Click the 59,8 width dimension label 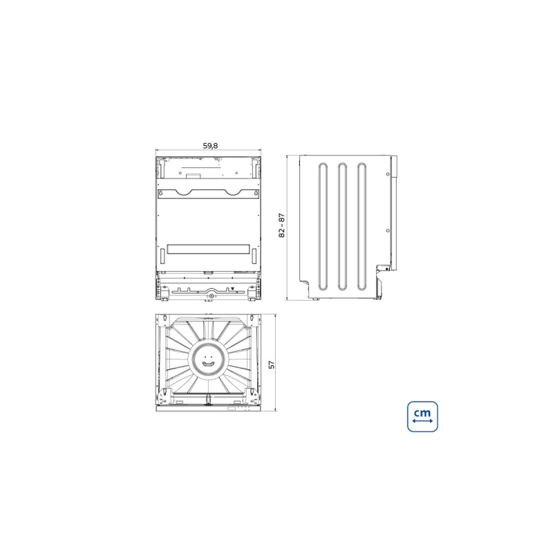(x=210, y=146)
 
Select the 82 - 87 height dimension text (x=281, y=225)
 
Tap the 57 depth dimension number (x=272, y=365)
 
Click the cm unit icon (x=422, y=417)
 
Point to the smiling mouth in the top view (x=208, y=364)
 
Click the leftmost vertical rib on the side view (x=323, y=227)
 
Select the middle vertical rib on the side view (x=342, y=227)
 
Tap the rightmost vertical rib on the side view (x=362, y=227)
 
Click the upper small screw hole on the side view (x=388, y=174)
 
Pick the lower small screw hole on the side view (x=388, y=231)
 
